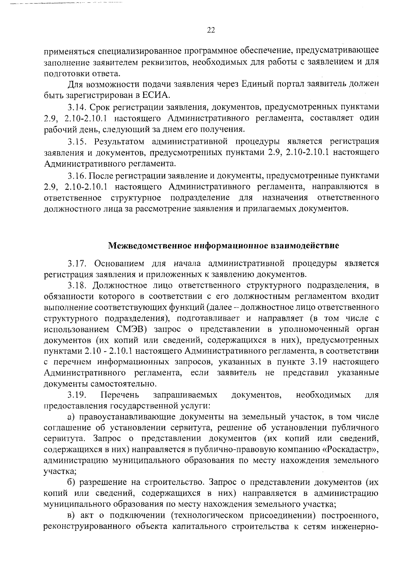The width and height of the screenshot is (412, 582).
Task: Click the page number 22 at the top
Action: click(211, 31)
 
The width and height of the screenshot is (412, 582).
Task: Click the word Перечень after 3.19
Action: click(120, 395)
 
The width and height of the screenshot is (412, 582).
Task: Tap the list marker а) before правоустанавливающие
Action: click(71, 417)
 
